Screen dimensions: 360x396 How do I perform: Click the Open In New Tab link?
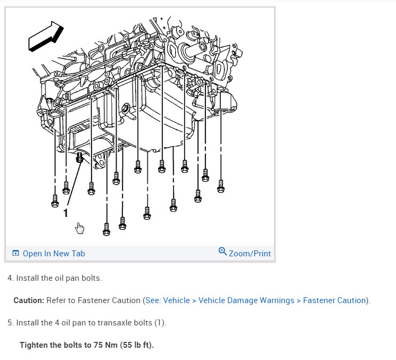[53, 253]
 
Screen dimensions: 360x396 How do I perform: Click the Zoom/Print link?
[250, 253]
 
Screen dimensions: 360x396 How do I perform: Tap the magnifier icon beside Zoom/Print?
[222, 252]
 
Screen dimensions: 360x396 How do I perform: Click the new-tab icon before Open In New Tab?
[15, 253]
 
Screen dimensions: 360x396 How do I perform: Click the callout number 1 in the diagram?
[65, 213]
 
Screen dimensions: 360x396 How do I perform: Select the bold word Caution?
[29, 300]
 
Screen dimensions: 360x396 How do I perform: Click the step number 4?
[10, 278]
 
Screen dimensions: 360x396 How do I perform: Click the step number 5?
[10, 323]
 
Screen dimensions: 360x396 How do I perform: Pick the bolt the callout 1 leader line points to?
[80, 157]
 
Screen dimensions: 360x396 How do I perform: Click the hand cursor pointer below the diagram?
[80, 228]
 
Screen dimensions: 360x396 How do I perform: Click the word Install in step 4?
[27, 278]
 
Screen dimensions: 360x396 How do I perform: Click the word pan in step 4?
[61, 278]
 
